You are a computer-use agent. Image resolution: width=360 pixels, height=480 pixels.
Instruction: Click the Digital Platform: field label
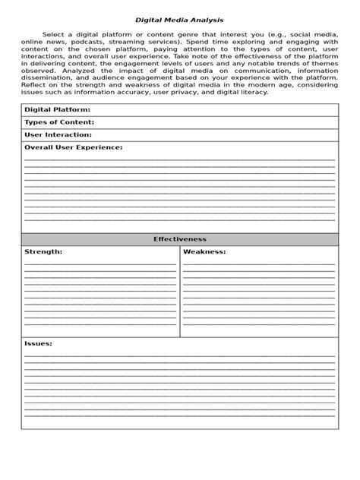tap(58, 110)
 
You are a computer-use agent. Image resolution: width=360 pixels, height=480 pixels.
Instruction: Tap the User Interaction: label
tap(58, 134)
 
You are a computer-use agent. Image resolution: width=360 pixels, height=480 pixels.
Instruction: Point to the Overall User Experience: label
tap(73, 147)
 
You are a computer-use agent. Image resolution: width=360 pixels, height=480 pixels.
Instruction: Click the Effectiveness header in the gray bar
tap(179, 239)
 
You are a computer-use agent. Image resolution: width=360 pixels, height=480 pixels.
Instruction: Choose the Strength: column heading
tap(43, 251)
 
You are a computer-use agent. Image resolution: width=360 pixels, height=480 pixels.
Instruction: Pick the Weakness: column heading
tap(204, 251)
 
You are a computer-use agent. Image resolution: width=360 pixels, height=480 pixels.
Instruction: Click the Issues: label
tap(38, 343)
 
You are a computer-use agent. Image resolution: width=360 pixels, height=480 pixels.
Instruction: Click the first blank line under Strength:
tap(100, 264)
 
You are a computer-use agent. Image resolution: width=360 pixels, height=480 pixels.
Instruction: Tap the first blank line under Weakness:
tap(258, 264)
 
